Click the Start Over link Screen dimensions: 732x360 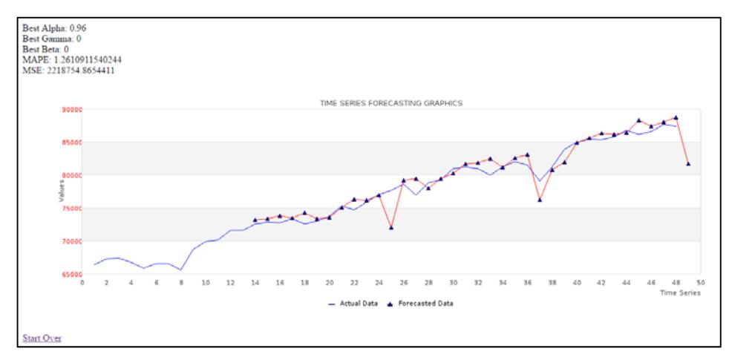[x=42, y=338]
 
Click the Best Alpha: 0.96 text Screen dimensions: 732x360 [x=54, y=28]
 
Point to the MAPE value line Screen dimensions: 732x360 [x=72, y=60]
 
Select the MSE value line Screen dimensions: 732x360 [x=68, y=71]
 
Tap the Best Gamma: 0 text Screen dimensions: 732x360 [x=52, y=39]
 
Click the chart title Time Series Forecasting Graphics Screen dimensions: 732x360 [x=391, y=103]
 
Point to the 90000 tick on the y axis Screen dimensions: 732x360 [x=71, y=110]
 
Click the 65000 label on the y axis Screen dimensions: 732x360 [x=71, y=274]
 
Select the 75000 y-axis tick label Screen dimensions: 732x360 [x=71, y=209]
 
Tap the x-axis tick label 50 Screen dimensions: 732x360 [x=701, y=283]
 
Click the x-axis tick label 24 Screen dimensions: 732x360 [x=379, y=283]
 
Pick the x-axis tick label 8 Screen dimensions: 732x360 [x=181, y=283]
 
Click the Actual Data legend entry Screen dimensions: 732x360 [x=353, y=304]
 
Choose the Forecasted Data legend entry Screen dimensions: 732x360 [x=420, y=304]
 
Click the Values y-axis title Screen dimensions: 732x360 [x=61, y=191]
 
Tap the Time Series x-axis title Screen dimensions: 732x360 [x=680, y=292]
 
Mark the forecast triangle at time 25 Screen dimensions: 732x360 [x=391, y=227]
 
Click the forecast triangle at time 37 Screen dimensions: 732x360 [x=540, y=200]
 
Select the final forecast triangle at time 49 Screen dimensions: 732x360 [x=688, y=163]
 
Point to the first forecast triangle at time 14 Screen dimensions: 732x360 [x=255, y=220]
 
